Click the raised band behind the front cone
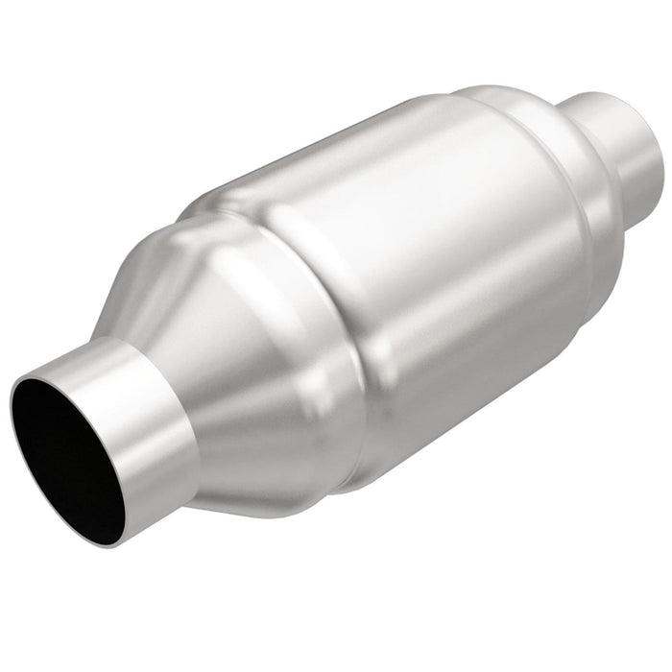(317, 317)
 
